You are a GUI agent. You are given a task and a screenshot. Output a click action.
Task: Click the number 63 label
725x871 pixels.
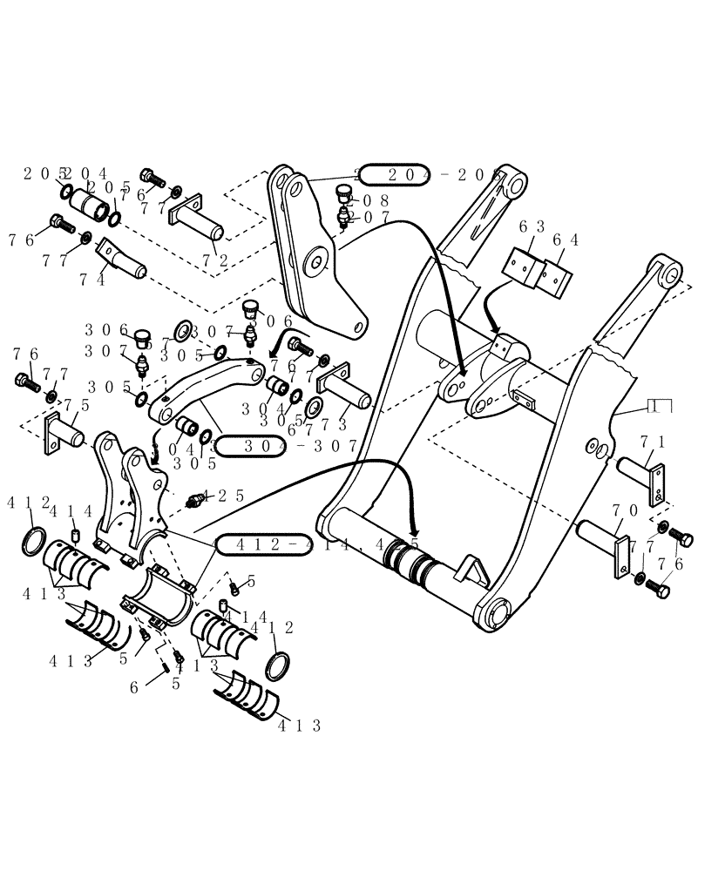tap(532, 226)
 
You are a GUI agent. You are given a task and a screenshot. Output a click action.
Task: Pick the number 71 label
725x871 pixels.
tap(653, 442)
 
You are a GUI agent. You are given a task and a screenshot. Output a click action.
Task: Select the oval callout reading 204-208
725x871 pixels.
tap(427, 174)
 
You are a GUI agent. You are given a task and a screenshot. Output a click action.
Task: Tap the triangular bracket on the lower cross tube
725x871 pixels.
tap(471, 571)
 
